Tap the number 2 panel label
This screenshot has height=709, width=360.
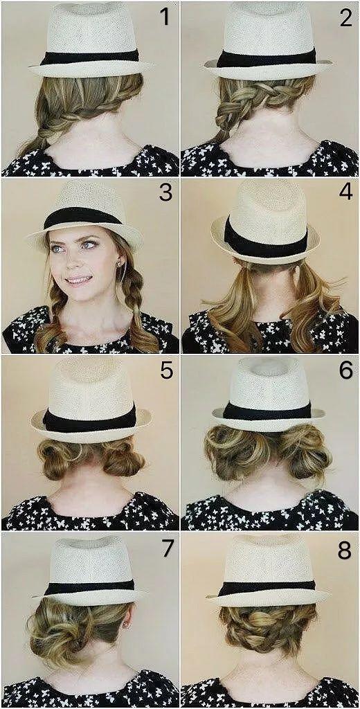pyautogui.click(x=345, y=17)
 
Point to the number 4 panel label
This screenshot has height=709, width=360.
pyautogui.click(x=345, y=192)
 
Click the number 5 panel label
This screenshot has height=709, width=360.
pyautogui.click(x=166, y=371)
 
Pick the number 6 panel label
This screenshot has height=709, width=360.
pyautogui.click(x=345, y=371)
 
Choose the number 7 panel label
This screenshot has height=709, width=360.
pyautogui.click(x=168, y=548)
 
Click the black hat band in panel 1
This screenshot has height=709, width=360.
pyautogui.click(x=89, y=57)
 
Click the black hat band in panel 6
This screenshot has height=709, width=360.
pyautogui.click(x=267, y=411)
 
